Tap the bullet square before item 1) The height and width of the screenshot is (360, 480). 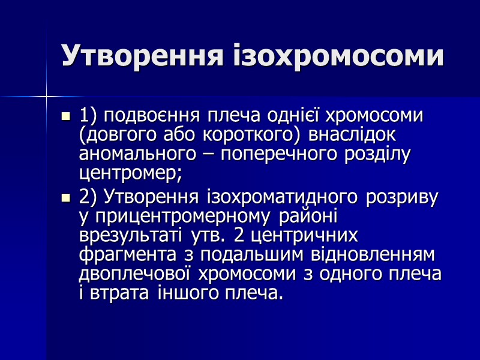pos(66,115)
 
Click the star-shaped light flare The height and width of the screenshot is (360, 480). pos(46,95)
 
